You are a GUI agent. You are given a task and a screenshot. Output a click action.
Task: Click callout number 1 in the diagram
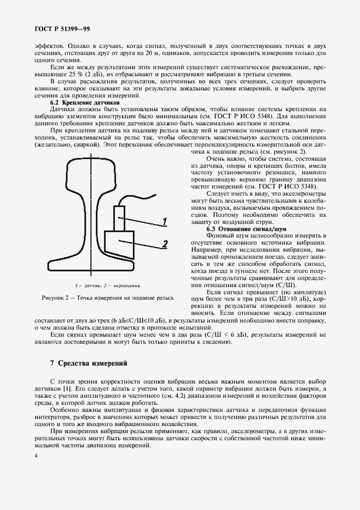click(x=164, y=221)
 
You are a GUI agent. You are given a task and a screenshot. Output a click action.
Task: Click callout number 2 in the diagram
click(x=164, y=244)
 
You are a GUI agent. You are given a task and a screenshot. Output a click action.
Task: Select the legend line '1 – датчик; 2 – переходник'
click(x=108, y=284)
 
